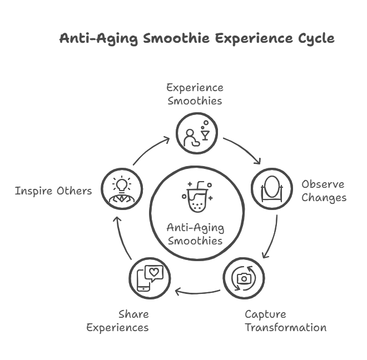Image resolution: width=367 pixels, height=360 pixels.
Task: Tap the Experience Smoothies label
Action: pos(195,94)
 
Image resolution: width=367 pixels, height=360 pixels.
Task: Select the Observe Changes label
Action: pos(323,191)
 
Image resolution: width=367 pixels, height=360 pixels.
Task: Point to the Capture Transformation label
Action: pos(285,321)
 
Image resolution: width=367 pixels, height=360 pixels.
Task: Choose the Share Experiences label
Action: pos(117,321)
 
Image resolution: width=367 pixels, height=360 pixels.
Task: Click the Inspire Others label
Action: pos(53,191)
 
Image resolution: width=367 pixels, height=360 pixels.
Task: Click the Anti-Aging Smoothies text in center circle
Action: pos(195,234)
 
